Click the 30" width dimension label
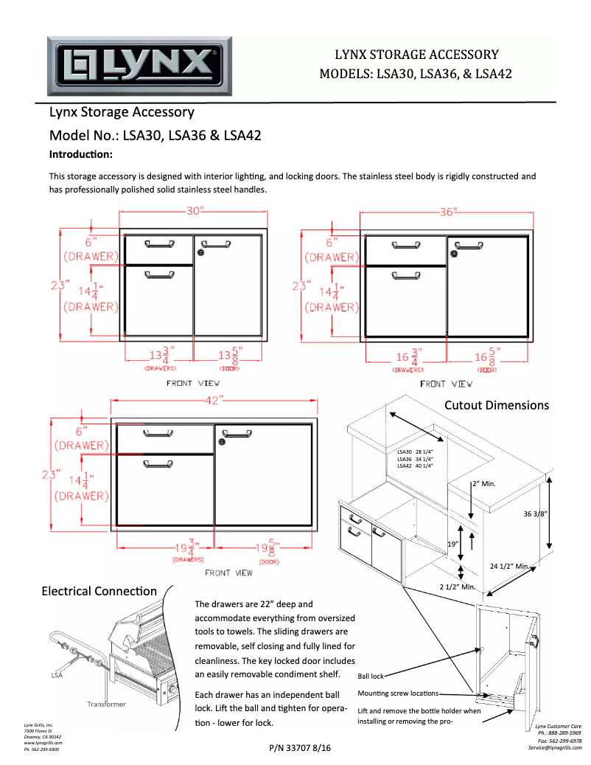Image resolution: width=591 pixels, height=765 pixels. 195,211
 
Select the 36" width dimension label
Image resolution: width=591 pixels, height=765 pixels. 449,212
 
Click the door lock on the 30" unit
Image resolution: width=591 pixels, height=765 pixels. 201,252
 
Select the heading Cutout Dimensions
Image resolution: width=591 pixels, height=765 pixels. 496,405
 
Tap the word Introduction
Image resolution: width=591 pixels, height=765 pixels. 80,155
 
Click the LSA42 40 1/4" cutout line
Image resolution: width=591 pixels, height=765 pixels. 415,465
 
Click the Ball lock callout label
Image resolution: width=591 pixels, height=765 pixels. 371,675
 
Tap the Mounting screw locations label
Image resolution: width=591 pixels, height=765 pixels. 398,693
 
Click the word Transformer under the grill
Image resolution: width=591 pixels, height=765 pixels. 106,705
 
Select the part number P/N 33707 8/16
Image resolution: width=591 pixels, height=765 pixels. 301,748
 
